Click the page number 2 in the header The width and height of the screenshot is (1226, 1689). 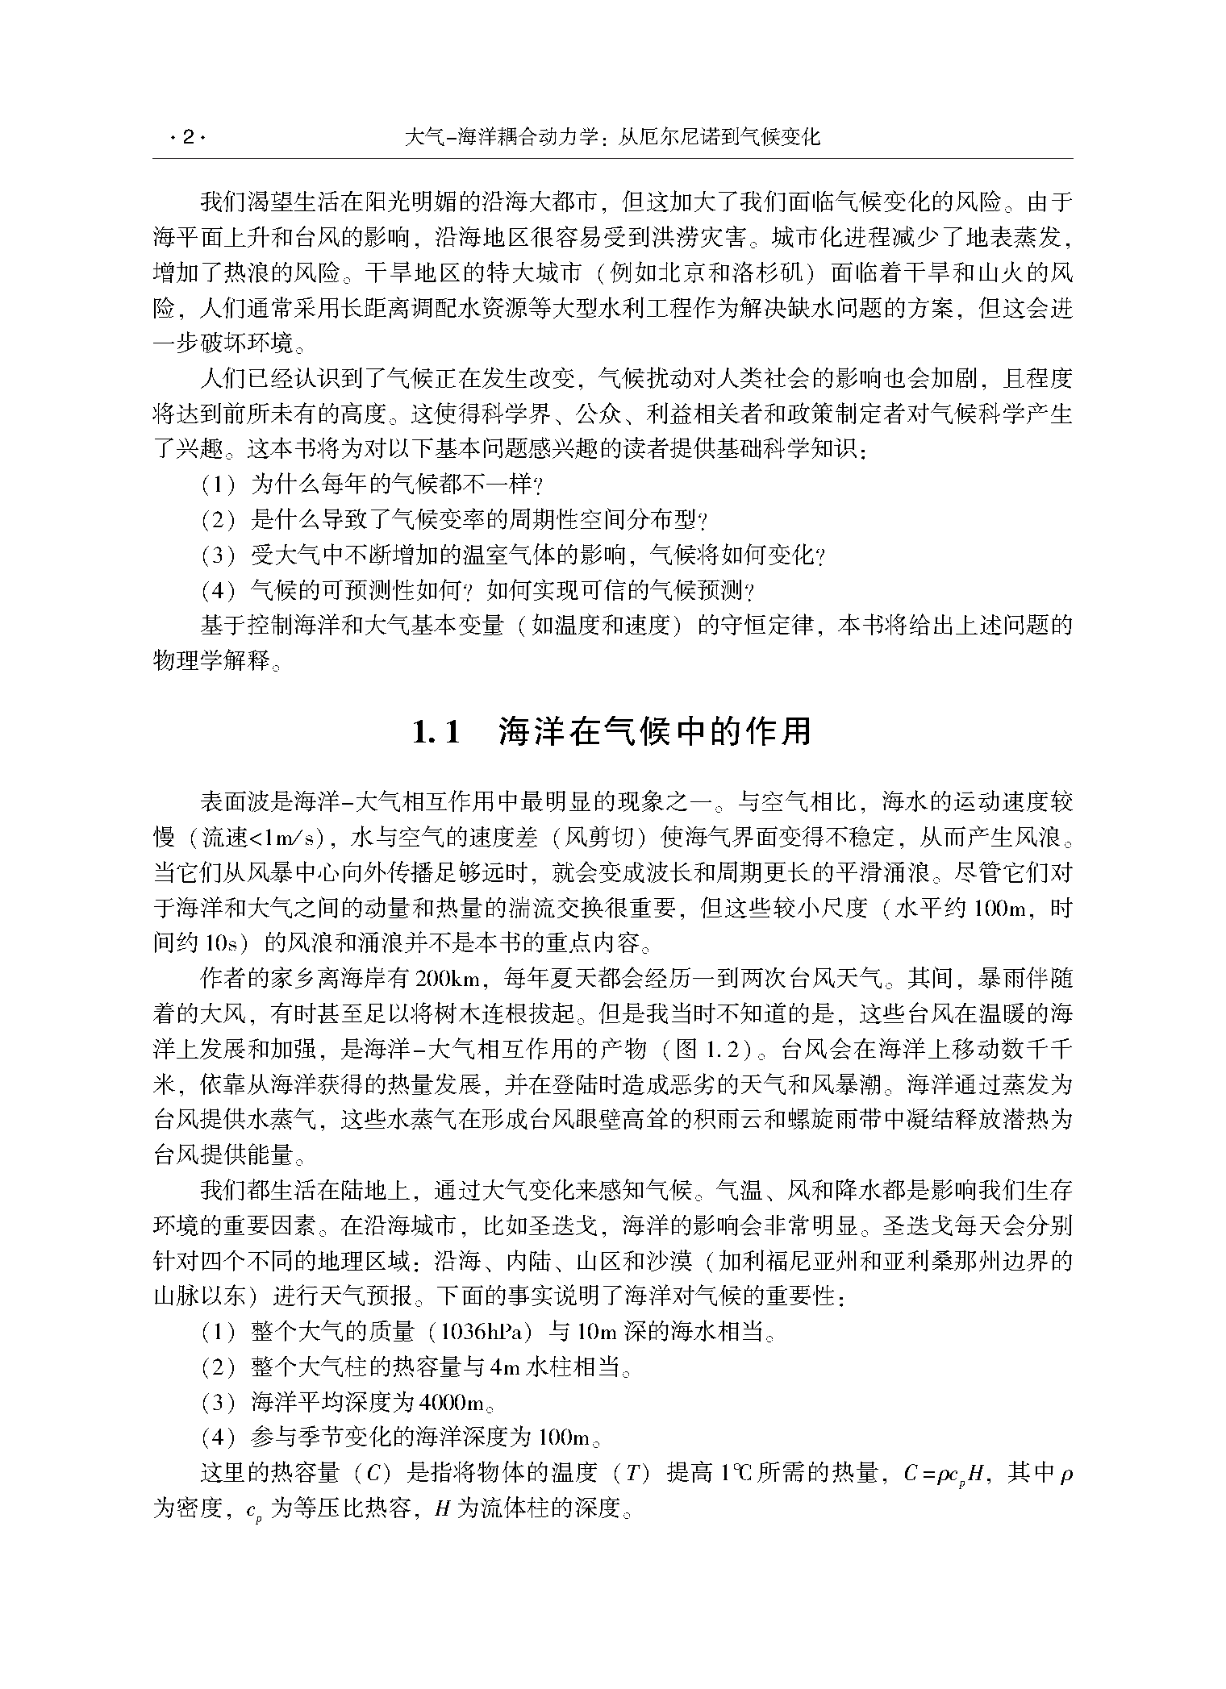188,137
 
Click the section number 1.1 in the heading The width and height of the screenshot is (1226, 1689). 436,732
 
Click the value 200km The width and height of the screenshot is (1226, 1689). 447,980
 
